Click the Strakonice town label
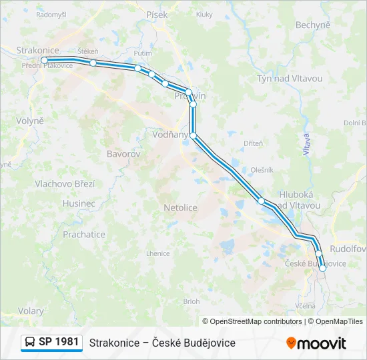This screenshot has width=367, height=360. [x=38, y=50]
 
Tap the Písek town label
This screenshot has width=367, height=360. [x=158, y=15]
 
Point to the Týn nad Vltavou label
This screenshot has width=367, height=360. [x=290, y=79]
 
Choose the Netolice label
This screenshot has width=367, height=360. [x=180, y=208]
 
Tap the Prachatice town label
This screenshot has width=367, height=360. [x=84, y=235]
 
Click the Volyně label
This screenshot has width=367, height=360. [x=31, y=121]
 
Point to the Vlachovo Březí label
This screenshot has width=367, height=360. [x=65, y=184]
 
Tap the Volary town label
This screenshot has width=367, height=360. [x=31, y=311]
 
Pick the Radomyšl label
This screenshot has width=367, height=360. [x=51, y=14]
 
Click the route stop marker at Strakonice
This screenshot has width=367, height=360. [x=44, y=60]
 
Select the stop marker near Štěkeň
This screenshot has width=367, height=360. [x=93, y=63]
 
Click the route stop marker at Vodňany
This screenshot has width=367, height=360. [x=194, y=135]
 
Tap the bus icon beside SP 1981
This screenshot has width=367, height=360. [x=31, y=342]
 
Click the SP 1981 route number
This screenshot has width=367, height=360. [x=59, y=342]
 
